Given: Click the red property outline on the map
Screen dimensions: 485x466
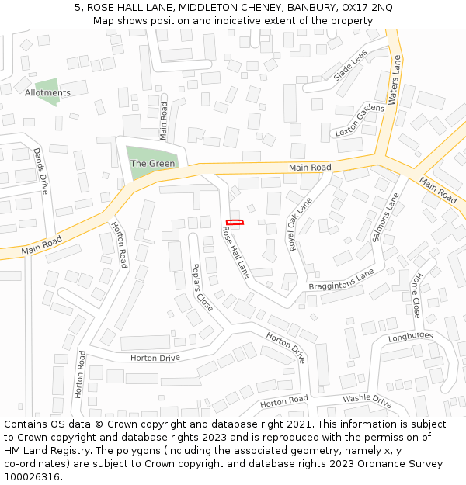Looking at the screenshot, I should click(x=235, y=223).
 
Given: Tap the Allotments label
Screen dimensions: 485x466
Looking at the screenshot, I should click(x=47, y=93).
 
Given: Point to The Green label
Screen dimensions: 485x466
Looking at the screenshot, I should click(x=152, y=164).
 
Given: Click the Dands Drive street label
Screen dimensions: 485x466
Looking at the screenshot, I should click(x=40, y=171).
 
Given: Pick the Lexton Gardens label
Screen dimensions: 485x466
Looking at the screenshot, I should click(x=359, y=120).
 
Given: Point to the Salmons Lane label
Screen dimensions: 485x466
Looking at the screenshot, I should click(x=385, y=217).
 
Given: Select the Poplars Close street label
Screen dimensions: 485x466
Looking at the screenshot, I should click(x=202, y=287).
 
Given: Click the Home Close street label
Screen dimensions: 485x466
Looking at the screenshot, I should click(x=417, y=296).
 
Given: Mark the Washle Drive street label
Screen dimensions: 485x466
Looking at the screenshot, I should click(x=367, y=400).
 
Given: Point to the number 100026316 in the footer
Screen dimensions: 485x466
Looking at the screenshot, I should click(x=31, y=477).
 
